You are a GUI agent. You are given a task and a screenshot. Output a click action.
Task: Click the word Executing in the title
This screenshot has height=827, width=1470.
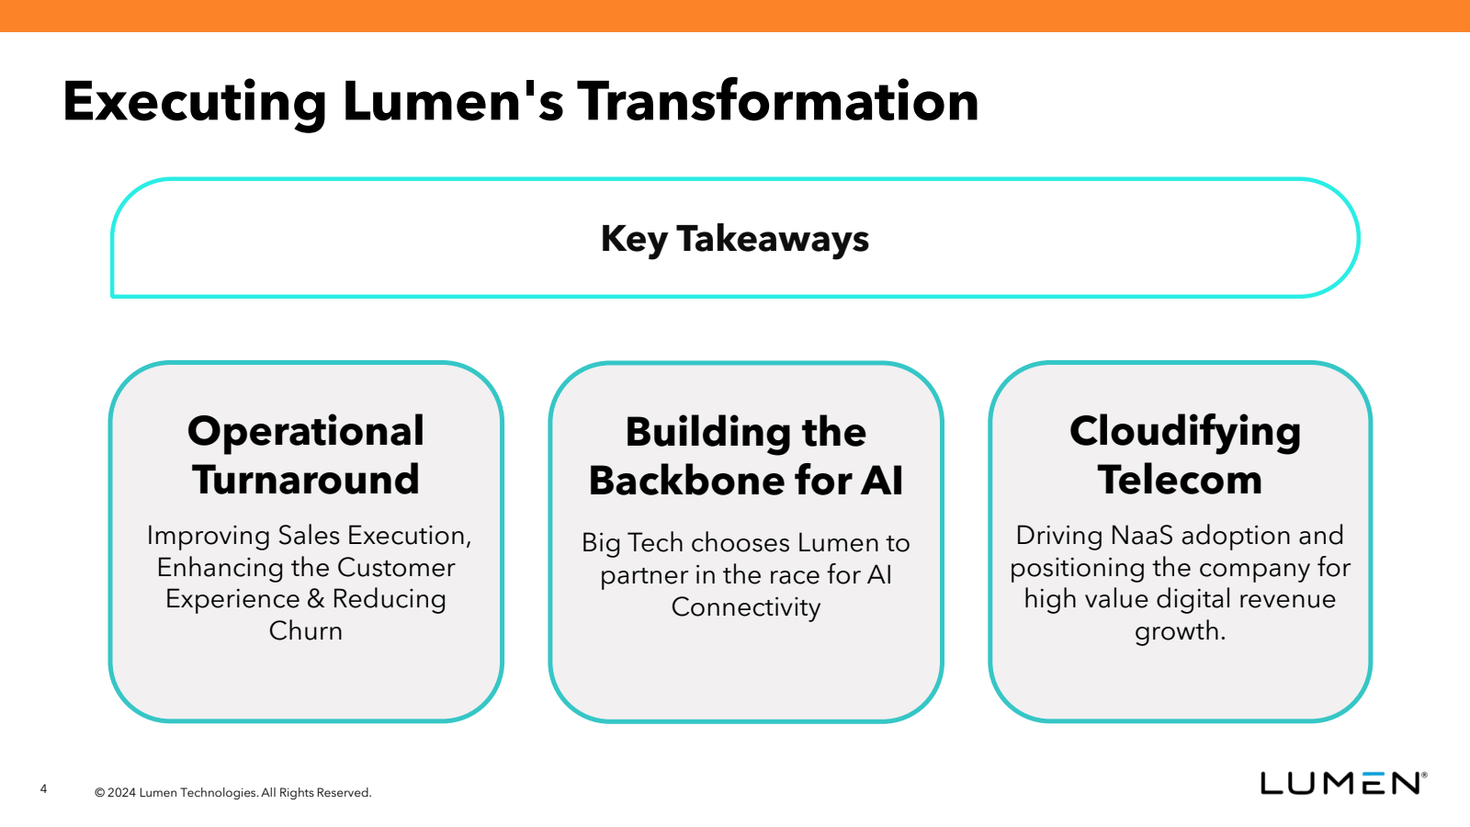[x=194, y=102]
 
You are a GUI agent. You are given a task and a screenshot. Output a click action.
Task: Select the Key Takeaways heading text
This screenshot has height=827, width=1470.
[x=735, y=239]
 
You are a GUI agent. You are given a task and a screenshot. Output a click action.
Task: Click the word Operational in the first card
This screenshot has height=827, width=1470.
[x=306, y=432]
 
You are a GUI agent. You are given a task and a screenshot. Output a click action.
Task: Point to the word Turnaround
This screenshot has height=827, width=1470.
[x=306, y=479]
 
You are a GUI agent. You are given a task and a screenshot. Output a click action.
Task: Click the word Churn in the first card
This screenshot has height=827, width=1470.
[x=306, y=630]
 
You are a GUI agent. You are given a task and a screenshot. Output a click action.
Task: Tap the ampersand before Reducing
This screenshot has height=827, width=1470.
[x=316, y=598]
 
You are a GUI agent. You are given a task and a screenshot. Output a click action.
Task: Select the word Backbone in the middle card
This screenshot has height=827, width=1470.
[x=686, y=481]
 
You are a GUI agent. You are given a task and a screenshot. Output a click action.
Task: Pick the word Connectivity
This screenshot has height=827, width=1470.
[x=745, y=607]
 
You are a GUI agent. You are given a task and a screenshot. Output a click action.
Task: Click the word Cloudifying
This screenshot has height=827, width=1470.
[x=1185, y=433]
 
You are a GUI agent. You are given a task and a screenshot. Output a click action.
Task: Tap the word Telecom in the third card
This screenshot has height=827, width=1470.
[x=1180, y=479]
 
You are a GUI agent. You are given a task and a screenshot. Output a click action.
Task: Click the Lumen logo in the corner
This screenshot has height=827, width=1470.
[x=1343, y=783]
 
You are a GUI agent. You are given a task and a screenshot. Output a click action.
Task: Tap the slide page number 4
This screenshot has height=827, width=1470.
[x=44, y=789]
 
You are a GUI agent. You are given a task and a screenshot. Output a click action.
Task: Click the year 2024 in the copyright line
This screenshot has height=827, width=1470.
[x=122, y=793]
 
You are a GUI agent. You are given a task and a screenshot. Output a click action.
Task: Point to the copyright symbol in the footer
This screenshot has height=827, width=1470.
[x=100, y=793]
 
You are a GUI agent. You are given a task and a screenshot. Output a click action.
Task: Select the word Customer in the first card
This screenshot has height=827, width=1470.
[x=396, y=568]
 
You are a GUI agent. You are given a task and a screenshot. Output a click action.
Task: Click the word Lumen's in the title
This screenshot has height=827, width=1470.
[x=453, y=101]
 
